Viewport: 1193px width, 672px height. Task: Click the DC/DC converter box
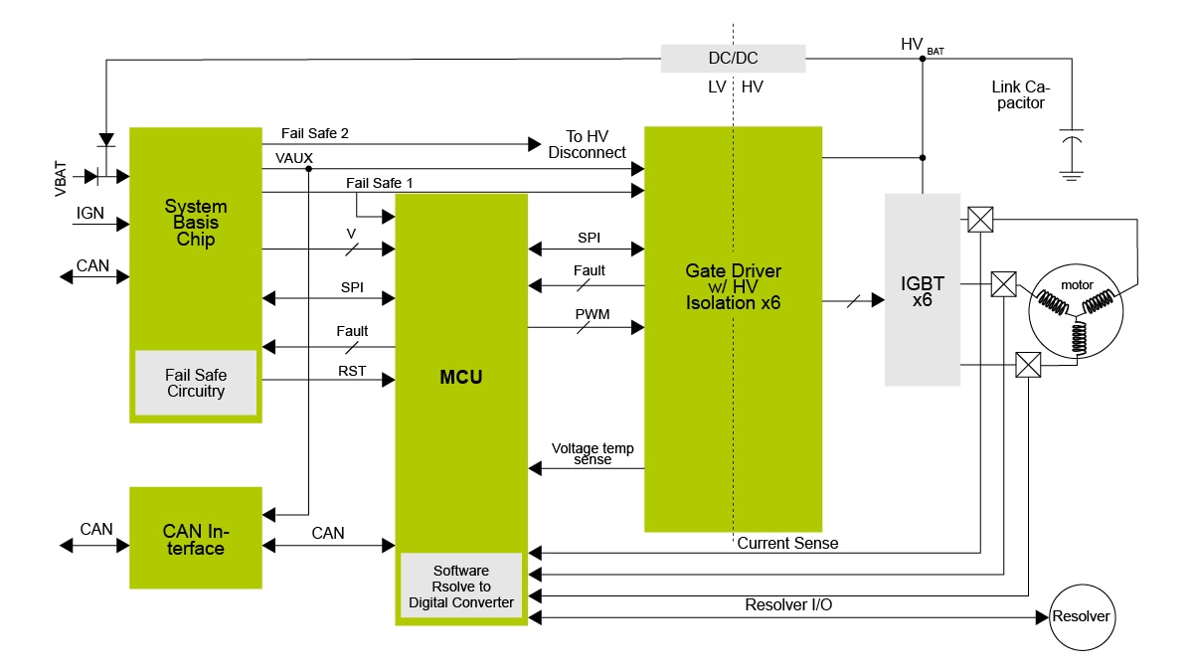733,59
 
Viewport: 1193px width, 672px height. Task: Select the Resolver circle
1081,616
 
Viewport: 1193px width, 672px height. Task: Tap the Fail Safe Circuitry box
196,383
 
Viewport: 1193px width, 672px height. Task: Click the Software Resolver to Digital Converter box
460,587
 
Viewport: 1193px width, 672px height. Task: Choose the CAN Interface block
195,539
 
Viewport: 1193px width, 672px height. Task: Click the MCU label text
460,378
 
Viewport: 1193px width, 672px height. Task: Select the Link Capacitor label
1019,95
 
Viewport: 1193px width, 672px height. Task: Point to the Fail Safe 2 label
314,132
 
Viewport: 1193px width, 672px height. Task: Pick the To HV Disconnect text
587,144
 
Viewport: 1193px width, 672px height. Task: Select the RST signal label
352,371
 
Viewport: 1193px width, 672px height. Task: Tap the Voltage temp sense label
593,453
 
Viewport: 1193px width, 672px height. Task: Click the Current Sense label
787,543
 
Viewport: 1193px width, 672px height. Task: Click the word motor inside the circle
1077,285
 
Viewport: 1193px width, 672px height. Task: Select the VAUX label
293,157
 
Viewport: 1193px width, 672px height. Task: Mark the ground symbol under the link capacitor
1071,175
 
